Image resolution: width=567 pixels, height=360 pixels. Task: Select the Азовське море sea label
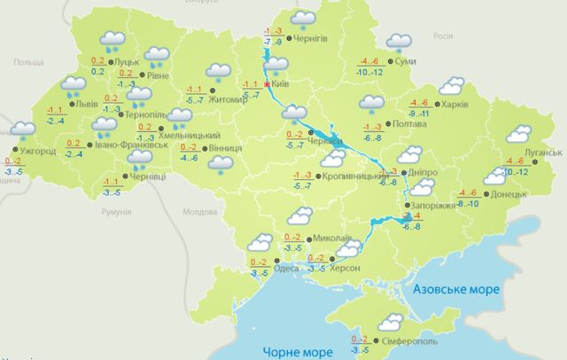point(457,290)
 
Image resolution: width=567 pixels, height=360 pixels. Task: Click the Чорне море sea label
point(288,352)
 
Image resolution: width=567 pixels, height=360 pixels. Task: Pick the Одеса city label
point(286,267)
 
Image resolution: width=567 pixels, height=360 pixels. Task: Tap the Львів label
point(86,104)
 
